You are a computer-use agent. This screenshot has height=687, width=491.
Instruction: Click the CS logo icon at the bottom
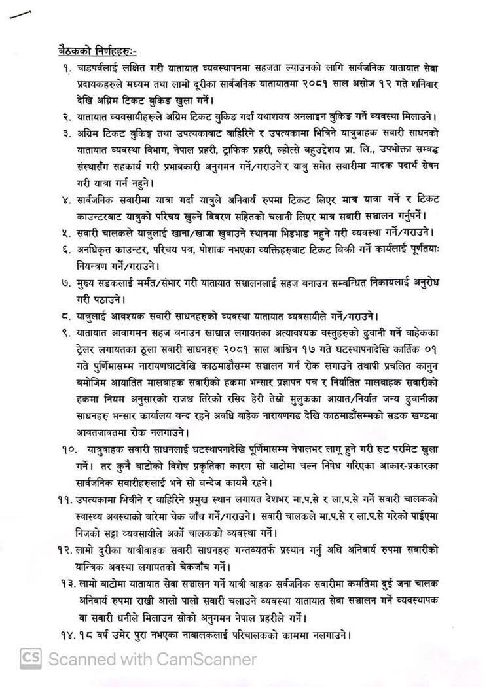point(31,656)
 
